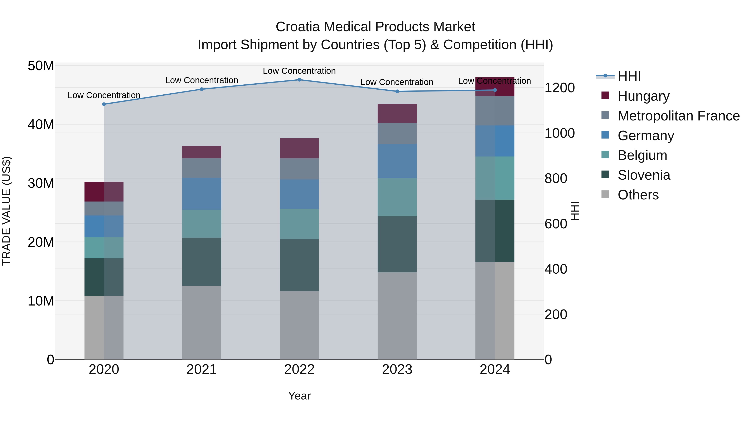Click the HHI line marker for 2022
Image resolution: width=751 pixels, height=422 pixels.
tap(299, 80)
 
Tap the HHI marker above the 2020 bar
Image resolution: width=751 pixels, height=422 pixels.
tap(104, 104)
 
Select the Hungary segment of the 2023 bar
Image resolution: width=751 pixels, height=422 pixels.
tap(397, 113)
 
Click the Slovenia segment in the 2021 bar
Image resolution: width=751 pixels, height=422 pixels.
tap(202, 262)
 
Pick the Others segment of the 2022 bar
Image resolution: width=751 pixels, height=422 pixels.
tap(299, 325)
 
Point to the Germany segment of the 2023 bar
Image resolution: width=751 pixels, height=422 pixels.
tap(397, 161)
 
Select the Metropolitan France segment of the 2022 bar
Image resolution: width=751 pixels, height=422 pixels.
tap(299, 169)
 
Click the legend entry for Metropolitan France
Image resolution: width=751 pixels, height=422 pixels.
tap(678, 116)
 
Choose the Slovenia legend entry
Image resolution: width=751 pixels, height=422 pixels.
tap(644, 175)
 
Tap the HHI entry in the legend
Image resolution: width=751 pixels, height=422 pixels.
tap(629, 76)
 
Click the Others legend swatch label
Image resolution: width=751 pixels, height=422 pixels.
tap(638, 195)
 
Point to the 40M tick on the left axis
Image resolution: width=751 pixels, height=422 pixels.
tap(41, 124)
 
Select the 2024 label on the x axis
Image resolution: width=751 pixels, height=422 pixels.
tap(495, 369)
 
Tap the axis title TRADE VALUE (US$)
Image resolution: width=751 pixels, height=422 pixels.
tap(6, 211)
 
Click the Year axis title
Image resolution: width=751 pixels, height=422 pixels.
tap(299, 396)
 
